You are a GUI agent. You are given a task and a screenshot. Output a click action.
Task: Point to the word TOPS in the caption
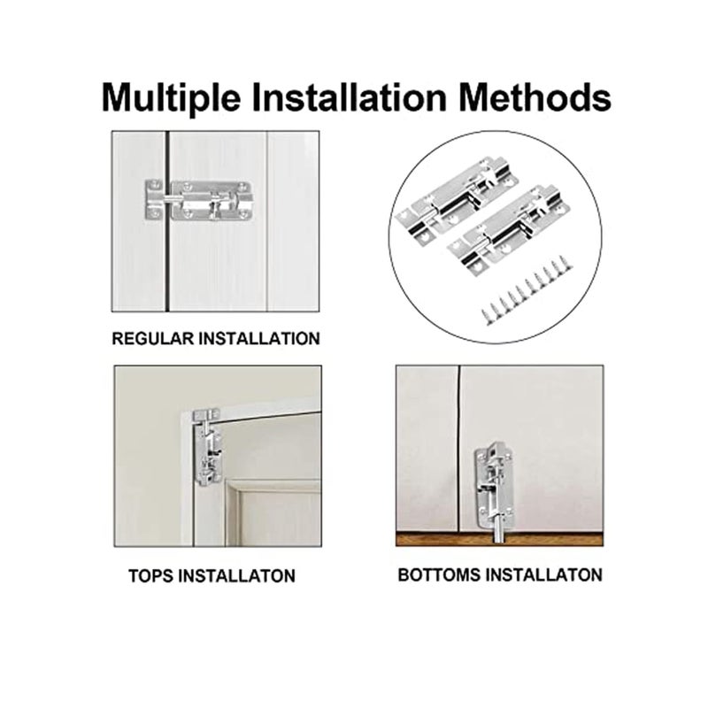pyautogui.click(x=152, y=575)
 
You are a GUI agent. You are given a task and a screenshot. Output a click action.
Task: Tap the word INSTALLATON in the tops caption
pyautogui.click(x=236, y=575)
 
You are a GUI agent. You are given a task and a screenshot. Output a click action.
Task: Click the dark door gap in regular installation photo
pyautogui.click(x=165, y=265)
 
